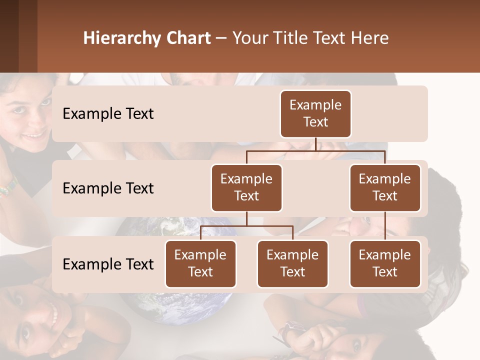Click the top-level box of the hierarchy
(315, 113)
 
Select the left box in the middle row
(246, 187)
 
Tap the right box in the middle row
(385, 187)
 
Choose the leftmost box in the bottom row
(200, 263)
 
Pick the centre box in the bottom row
(292, 263)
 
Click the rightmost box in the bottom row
(385, 263)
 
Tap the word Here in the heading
(370, 38)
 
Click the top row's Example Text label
(108, 114)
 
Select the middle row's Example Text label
(108, 188)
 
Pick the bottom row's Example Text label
(108, 264)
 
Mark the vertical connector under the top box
(315, 144)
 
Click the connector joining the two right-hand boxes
(385, 226)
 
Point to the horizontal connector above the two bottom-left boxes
(246, 226)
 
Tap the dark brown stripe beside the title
(27, 36)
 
